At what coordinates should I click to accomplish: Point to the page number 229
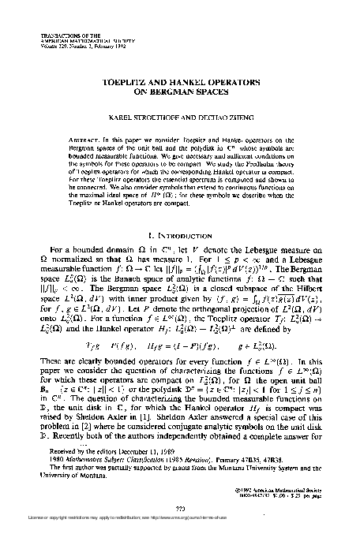(181, 529)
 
